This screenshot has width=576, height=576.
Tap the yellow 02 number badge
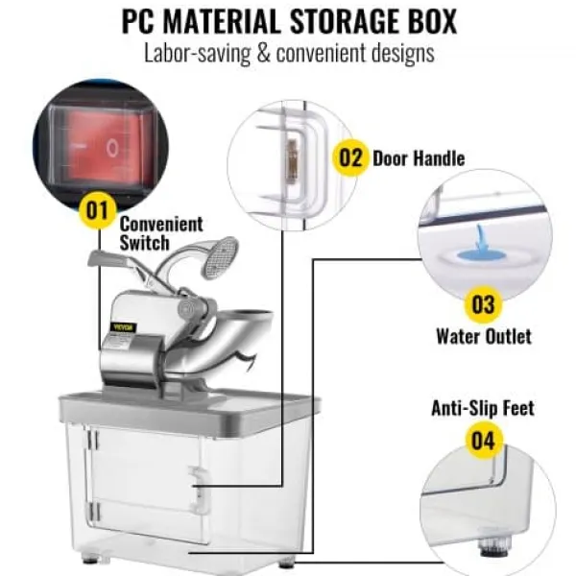click(350, 158)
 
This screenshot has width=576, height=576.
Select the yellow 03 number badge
click(483, 304)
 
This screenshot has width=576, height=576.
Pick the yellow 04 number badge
click(483, 440)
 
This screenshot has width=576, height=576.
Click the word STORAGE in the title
click(345, 22)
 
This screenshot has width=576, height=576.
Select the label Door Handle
click(419, 158)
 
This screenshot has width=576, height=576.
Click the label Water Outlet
click(484, 336)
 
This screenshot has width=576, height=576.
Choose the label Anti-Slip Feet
click(483, 408)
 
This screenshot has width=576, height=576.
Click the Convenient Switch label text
click(161, 233)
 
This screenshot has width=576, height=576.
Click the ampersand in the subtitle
click(263, 53)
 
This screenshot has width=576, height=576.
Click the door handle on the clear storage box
click(199, 490)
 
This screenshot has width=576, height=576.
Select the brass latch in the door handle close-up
click(292, 160)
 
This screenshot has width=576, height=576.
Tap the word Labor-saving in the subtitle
click(197, 54)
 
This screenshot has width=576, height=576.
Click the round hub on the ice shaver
click(190, 308)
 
